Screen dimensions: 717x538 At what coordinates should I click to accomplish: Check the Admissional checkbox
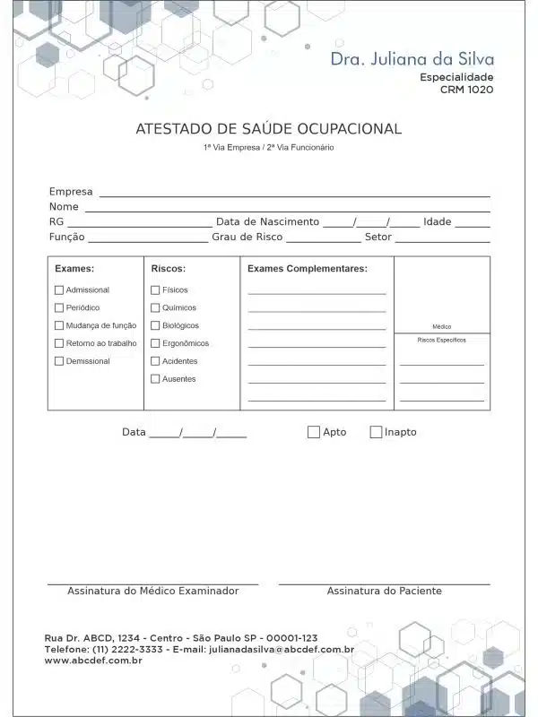tap(59, 290)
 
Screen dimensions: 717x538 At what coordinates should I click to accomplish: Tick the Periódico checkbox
tap(59, 308)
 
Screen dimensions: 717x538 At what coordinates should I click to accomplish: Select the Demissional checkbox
tap(59, 361)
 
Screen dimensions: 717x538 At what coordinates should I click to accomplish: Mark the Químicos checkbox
tap(155, 308)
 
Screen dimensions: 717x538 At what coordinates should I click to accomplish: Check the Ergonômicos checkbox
tap(155, 343)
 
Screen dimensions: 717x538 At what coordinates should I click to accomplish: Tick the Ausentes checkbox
tap(155, 379)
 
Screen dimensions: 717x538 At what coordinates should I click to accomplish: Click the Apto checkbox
tap(314, 432)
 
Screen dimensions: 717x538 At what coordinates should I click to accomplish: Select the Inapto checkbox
tap(376, 432)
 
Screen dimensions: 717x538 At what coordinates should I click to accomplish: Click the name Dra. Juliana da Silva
tap(412, 59)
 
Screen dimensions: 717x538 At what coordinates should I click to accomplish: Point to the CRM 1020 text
tap(466, 90)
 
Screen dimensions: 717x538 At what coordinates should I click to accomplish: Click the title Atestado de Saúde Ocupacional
tap(268, 129)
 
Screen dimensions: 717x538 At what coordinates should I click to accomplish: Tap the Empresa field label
tap(71, 192)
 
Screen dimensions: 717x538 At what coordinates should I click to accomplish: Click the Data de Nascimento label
tap(267, 222)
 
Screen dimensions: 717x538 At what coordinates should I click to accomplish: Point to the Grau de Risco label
tap(247, 238)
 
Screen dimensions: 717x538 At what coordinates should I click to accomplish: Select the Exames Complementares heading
tap(307, 268)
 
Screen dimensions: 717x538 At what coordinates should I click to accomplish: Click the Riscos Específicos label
tap(441, 341)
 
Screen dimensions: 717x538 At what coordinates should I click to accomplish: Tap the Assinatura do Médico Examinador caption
tap(152, 592)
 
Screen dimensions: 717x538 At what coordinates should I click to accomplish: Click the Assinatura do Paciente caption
tap(384, 592)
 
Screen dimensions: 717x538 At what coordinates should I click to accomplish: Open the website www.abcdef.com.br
tap(93, 661)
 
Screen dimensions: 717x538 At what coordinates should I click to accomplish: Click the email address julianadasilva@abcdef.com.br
tap(281, 649)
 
